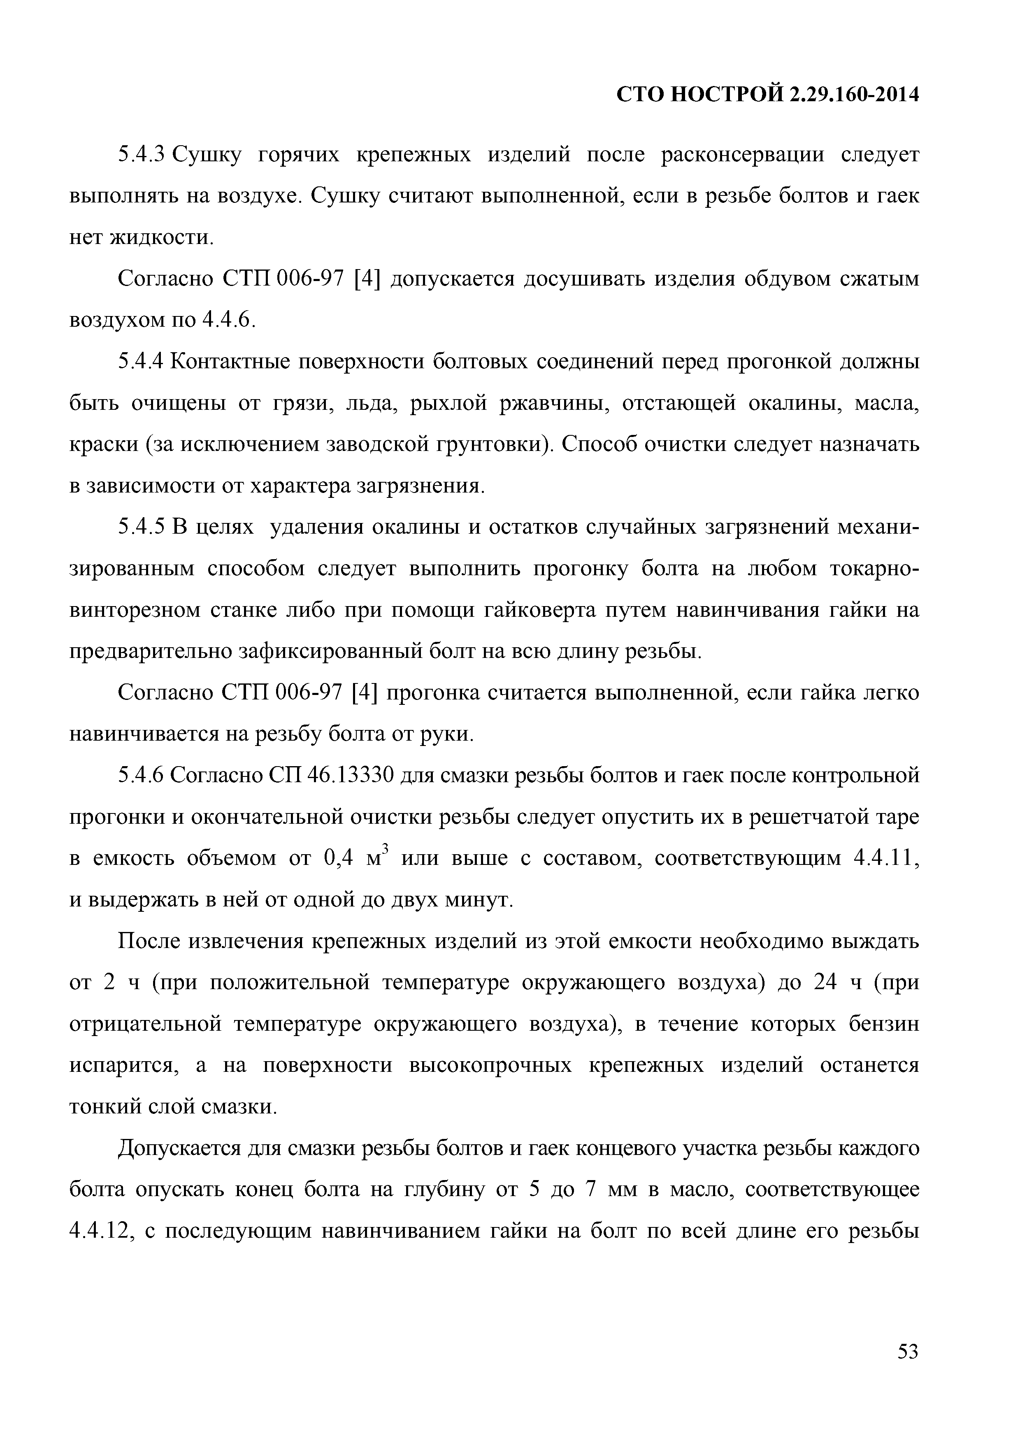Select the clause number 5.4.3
141,155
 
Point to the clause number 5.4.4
141,362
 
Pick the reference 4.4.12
99,1231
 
